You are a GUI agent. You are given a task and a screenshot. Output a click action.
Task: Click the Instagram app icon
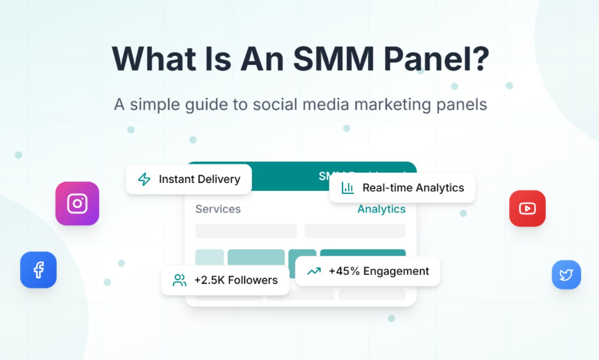77,203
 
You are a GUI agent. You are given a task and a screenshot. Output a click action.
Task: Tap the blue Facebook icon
39,270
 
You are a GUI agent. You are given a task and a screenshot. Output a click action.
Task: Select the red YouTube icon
527,208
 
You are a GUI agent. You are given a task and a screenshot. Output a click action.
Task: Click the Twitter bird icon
566,275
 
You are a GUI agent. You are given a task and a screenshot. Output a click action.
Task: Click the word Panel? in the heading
436,59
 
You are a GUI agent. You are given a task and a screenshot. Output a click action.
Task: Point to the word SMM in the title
334,59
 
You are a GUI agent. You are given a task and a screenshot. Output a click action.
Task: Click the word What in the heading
154,59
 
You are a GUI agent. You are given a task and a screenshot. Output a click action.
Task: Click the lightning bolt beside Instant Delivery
144,179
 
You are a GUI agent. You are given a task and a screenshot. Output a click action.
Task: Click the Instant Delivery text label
199,179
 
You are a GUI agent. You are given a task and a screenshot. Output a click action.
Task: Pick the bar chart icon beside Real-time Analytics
347,188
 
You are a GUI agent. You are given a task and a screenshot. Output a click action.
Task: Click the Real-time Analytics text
413,188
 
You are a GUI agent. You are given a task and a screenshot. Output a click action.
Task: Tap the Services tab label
218,209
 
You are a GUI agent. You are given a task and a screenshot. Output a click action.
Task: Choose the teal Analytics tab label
381,209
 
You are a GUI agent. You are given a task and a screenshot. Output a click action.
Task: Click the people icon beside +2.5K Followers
179,280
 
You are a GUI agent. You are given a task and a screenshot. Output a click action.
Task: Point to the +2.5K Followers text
236,280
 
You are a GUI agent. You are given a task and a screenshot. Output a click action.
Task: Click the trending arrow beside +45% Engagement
314,271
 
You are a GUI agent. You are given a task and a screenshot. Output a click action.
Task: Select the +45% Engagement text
379,271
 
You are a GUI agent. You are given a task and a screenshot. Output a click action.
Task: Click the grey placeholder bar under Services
246,231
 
